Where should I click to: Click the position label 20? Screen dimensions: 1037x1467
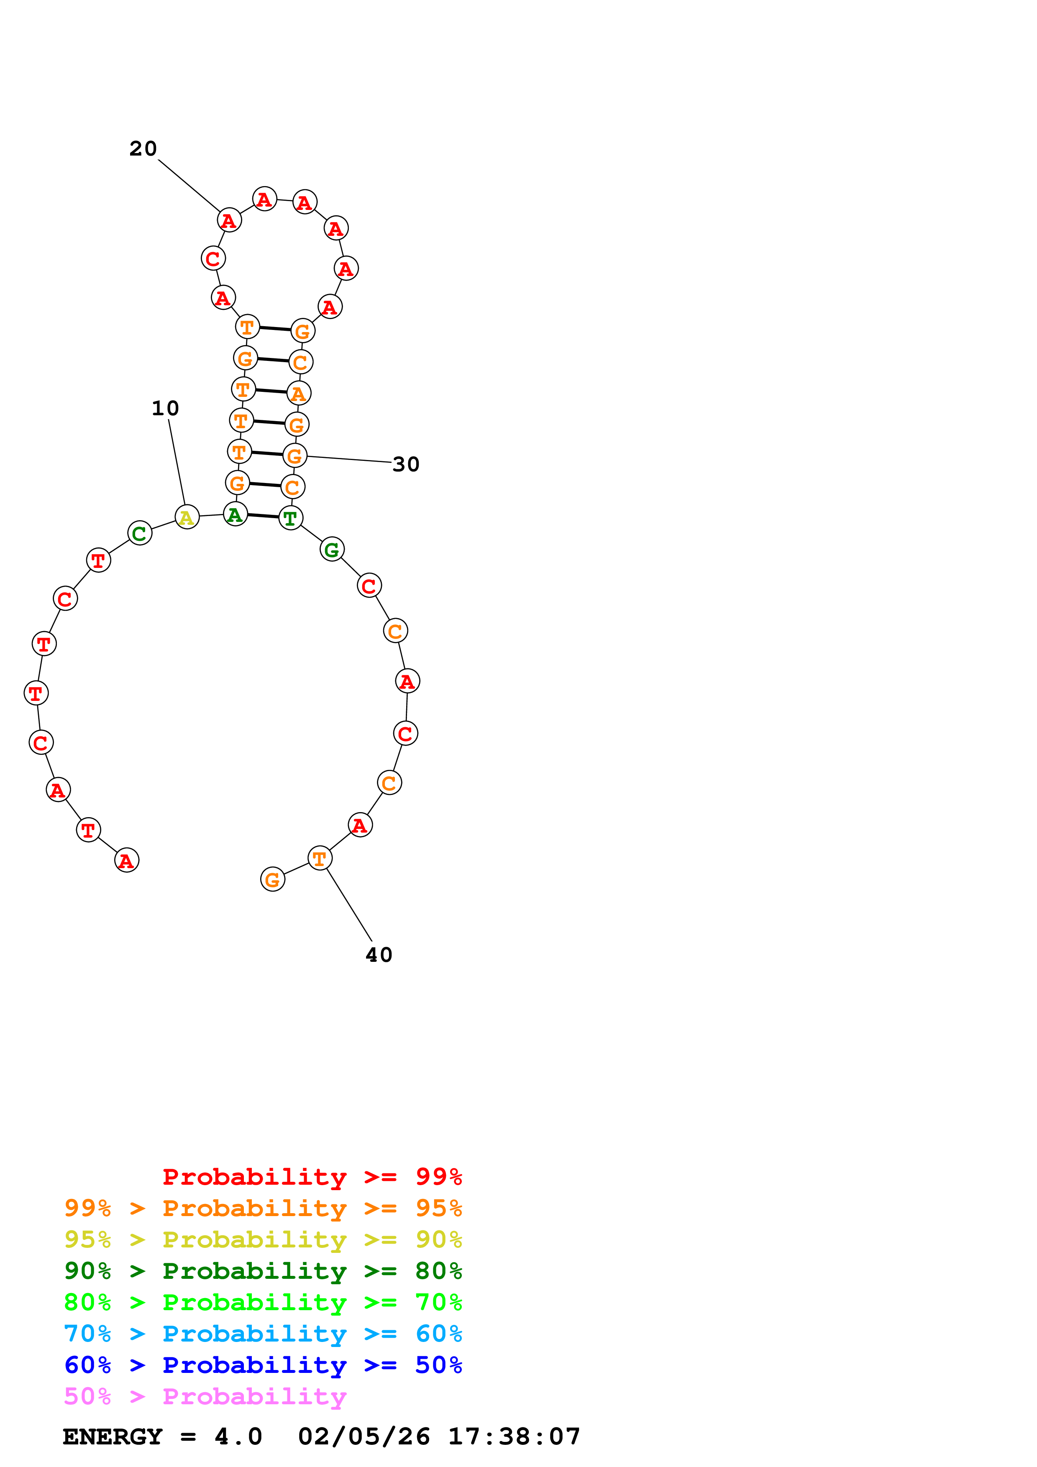pos(143,149)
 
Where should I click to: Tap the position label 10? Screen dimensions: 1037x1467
pos(165,408)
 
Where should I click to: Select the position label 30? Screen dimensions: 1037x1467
pos(406,465)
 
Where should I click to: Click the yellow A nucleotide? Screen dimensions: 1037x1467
pos(187,517)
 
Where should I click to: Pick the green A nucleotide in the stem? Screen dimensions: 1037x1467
pos(235,514)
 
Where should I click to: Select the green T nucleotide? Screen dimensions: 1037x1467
pos(291,518)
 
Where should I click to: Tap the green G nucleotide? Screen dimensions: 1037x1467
pos(332,549)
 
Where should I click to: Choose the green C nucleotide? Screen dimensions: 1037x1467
pos(139,533)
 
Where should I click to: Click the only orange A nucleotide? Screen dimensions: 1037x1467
pos(298,394)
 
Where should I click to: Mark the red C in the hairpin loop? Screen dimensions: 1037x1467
pos(213,259)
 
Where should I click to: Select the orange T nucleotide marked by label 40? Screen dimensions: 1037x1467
pos(320,859)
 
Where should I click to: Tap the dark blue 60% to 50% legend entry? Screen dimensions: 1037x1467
pos(263,1365)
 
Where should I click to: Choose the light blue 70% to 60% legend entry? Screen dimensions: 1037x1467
pos(263,1334)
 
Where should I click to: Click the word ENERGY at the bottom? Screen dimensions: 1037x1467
pos(113,1437)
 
